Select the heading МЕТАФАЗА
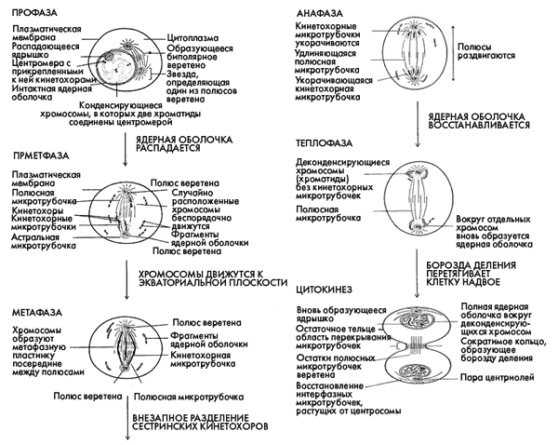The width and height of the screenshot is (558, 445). coord(35,308)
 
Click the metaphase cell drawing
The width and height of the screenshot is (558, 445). coord(136,355)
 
